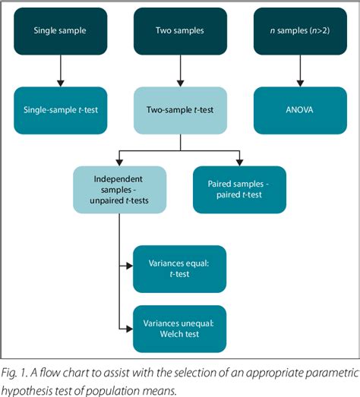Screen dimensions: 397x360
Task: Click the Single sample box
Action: coord(59,31)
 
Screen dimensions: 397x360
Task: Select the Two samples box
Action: coord(179,31)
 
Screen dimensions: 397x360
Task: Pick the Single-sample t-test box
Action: coord(59,109)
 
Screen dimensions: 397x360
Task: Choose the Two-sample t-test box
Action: coord(179,109)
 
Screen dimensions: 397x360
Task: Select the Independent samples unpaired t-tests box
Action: coord(120,189)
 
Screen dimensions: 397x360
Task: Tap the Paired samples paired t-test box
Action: coord(239,189)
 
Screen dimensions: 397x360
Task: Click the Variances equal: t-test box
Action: coord(179,269)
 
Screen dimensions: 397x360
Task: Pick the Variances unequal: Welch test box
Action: coord(179,329)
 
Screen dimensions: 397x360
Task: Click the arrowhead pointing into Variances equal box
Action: coord(129,269)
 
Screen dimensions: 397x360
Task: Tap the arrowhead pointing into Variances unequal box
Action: coord(129,329)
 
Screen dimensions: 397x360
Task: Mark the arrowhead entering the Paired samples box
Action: coord(239,161)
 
